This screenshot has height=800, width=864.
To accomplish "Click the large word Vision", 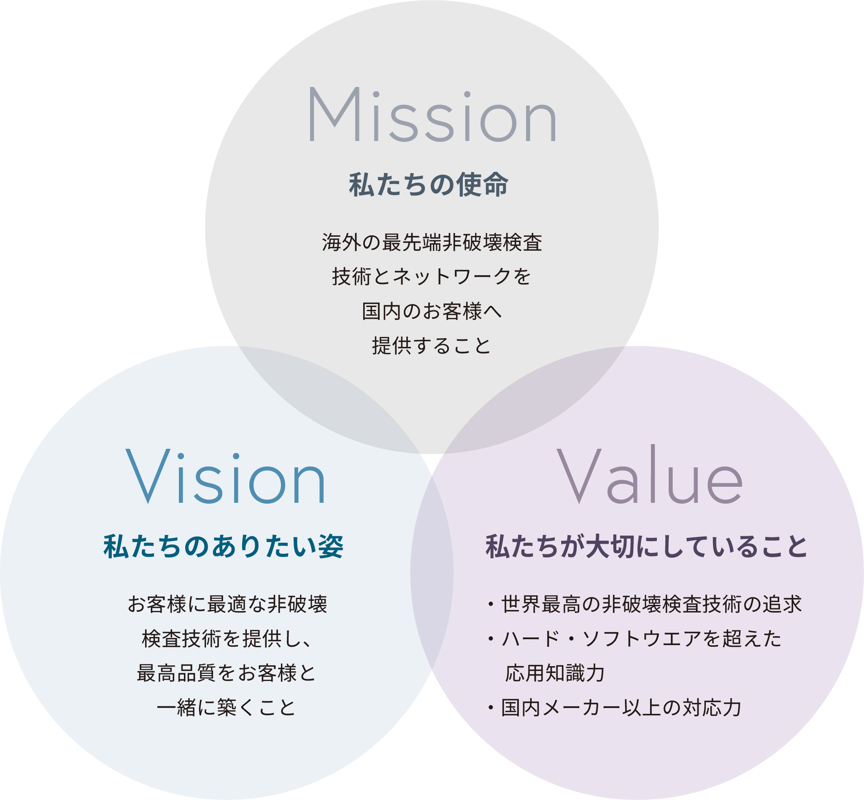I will click(x=225, y=477).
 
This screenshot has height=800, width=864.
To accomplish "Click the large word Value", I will click(x=649, y=476).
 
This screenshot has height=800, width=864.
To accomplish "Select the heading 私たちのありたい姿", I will click(x=223, y=547).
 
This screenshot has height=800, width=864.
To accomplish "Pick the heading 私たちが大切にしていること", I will click(x=646, y=547).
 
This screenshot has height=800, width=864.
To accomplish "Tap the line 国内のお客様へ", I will click(x=432, y=311).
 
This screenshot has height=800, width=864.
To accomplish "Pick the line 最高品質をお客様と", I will click(x=227, y=674).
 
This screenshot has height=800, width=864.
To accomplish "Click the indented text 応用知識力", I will click(x=555, y=674).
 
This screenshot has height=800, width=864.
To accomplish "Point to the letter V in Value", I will click(x=578, y=476).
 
